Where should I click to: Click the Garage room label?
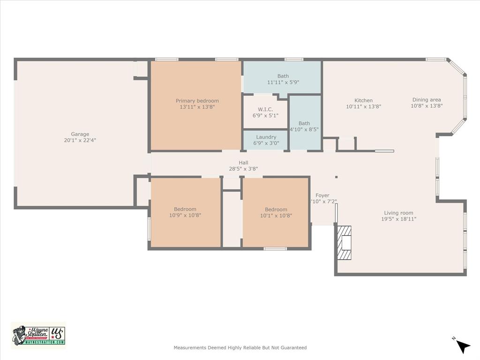coord(80,134)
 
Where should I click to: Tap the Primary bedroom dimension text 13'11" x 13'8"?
coord(197,107)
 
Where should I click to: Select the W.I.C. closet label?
coord(265,109)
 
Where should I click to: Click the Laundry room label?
coord(266,137)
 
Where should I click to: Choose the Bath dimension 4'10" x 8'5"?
coord(304,130)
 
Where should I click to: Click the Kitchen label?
coord(363,100)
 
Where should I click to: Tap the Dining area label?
coord(426,99)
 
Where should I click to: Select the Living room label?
coord(398,213)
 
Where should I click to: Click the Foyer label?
coord(322,195)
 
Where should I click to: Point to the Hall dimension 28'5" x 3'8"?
coord(243,169)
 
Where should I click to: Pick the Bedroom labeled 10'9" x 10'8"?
coord(185,209)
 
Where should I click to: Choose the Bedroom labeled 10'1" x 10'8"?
coord(276,210)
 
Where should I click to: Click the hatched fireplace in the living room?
coord(345,243)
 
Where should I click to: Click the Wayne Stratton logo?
coord(38,335)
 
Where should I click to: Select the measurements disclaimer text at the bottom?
coord(240,348)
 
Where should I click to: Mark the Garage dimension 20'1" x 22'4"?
coord(80,140)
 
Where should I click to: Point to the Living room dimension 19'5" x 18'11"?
coord(398,219)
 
